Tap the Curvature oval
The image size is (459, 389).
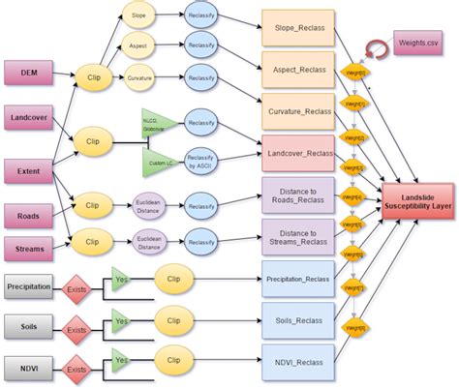(x=138, y=77)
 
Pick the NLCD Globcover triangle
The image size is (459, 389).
(x=156, y=120)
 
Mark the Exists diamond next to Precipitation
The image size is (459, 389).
(x=75, y=288)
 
